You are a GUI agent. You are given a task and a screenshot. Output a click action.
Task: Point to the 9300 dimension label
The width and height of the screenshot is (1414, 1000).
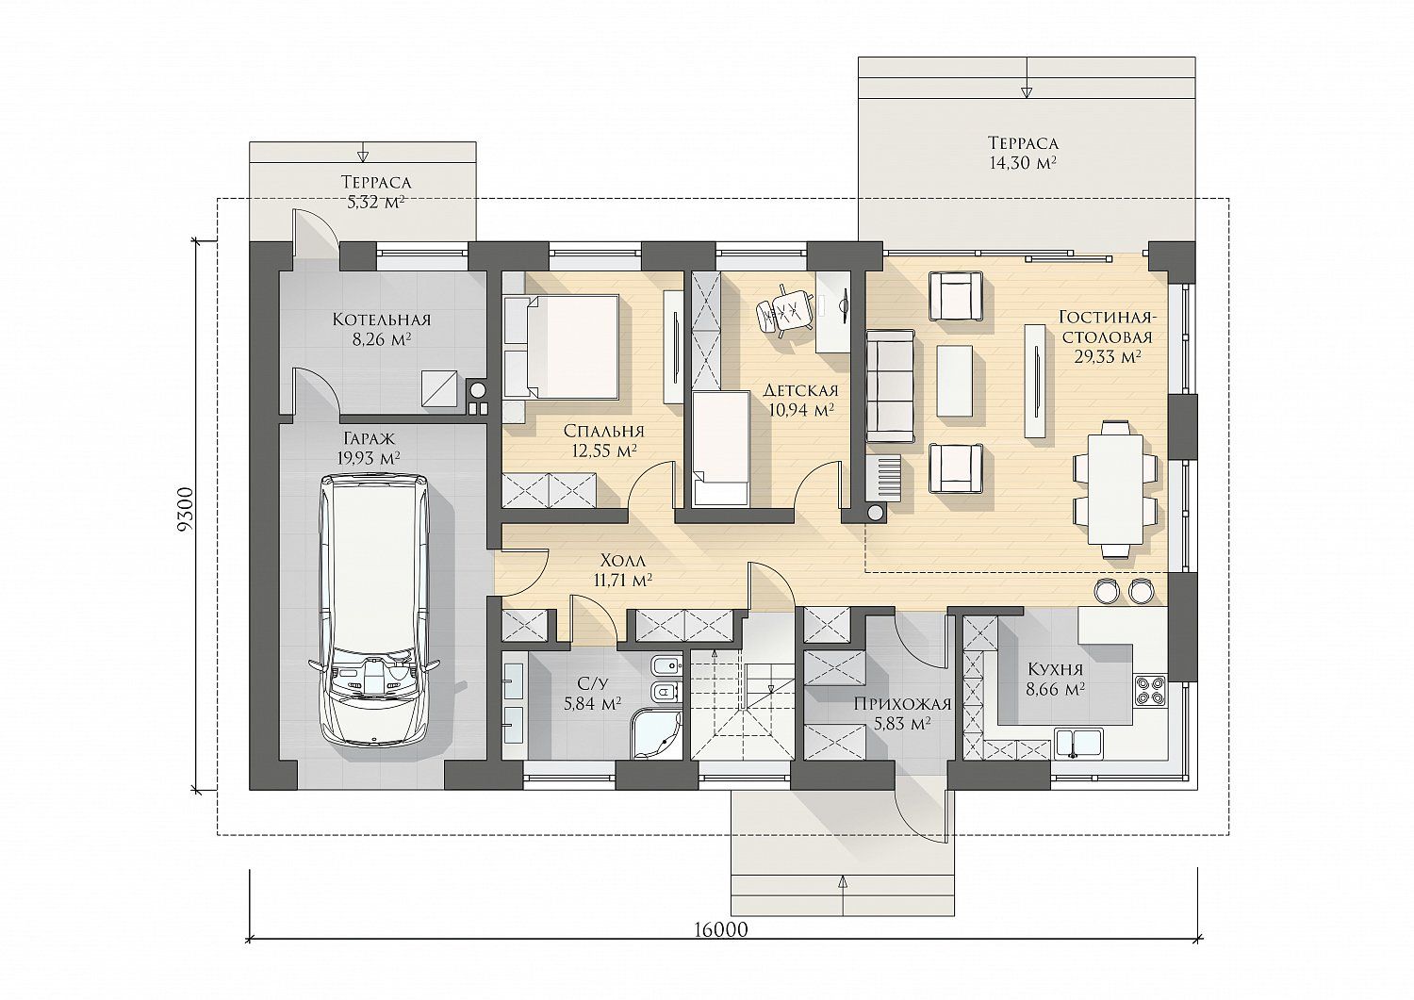[186, 510]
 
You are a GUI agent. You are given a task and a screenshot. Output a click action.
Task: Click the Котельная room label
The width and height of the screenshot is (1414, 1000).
[381, 320]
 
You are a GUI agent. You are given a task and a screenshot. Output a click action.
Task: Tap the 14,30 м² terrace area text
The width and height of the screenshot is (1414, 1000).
[1023, 163]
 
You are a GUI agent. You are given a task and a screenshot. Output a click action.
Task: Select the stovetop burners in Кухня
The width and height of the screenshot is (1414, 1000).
[1150, 690]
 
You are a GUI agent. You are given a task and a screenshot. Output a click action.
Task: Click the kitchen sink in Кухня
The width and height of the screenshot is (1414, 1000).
[1078, 743]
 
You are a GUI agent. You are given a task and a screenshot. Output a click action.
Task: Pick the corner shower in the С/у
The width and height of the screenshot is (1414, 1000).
[657, 734]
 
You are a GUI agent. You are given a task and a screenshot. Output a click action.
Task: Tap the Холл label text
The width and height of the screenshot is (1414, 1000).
[623, 560]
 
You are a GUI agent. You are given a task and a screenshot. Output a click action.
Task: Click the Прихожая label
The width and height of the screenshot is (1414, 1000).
[902, 704]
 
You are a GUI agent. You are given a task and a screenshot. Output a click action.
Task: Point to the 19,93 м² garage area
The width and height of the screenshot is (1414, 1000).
[368, 458]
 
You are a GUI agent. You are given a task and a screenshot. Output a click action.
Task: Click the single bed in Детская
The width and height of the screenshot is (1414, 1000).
[720, 449]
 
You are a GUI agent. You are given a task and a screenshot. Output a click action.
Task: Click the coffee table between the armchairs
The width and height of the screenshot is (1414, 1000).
[954, 381]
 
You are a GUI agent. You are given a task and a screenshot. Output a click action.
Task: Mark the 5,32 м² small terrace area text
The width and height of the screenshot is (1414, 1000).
[375, 203]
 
